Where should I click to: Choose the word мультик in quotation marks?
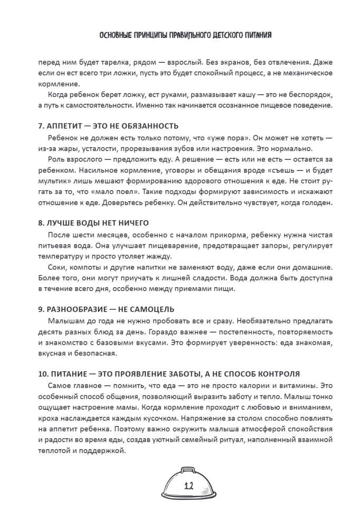pyautogui.click(x=53, y=182)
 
